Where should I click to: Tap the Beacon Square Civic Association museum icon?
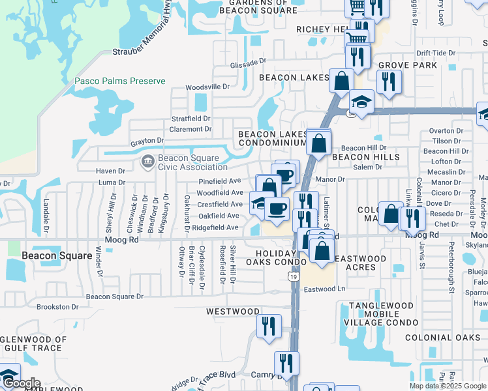[147, 160]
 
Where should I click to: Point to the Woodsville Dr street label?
[208, 87]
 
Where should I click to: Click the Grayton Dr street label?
[146, 141]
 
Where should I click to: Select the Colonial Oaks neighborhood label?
[443, 338]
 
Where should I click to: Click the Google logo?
[22, 384]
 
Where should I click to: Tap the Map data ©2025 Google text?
[448, 386]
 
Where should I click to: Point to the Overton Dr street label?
[446, 131]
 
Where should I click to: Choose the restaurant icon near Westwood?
[269, 325]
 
